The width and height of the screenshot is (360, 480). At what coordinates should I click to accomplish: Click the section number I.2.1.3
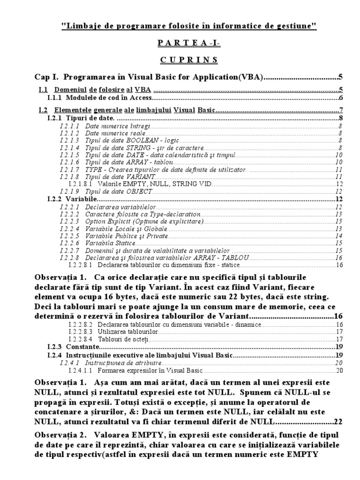click(x=69, y=140)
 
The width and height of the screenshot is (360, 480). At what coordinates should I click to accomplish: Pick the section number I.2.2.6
click(x=69, y=243)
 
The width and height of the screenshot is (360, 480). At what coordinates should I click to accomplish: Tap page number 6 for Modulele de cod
click(x=341, y=98)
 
